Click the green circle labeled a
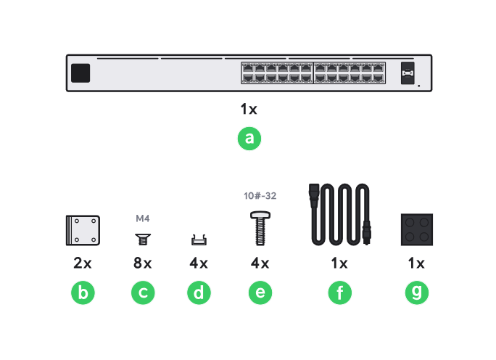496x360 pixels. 249,139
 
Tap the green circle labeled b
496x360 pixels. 83,293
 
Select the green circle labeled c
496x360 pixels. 143,293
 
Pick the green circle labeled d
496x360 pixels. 198,293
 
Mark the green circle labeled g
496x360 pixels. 416,293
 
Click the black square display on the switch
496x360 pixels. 81,73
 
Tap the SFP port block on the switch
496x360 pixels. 408,73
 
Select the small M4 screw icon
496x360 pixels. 142,238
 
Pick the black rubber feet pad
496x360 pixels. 416,231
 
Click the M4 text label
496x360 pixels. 142,218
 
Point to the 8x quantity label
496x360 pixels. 142,263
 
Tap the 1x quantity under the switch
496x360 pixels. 249,110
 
